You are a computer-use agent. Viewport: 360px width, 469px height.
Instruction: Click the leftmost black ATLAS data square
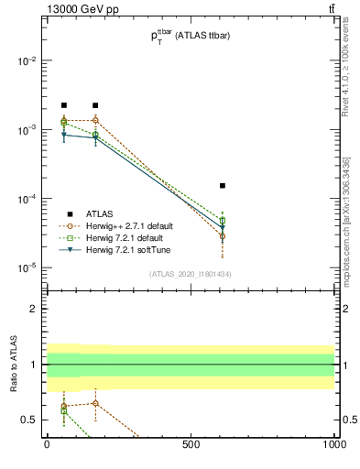[64, 105]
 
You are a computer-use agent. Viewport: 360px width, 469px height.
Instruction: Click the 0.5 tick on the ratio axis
[28, 420]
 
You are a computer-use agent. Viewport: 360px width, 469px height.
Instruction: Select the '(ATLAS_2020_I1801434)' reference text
[190, 274]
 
